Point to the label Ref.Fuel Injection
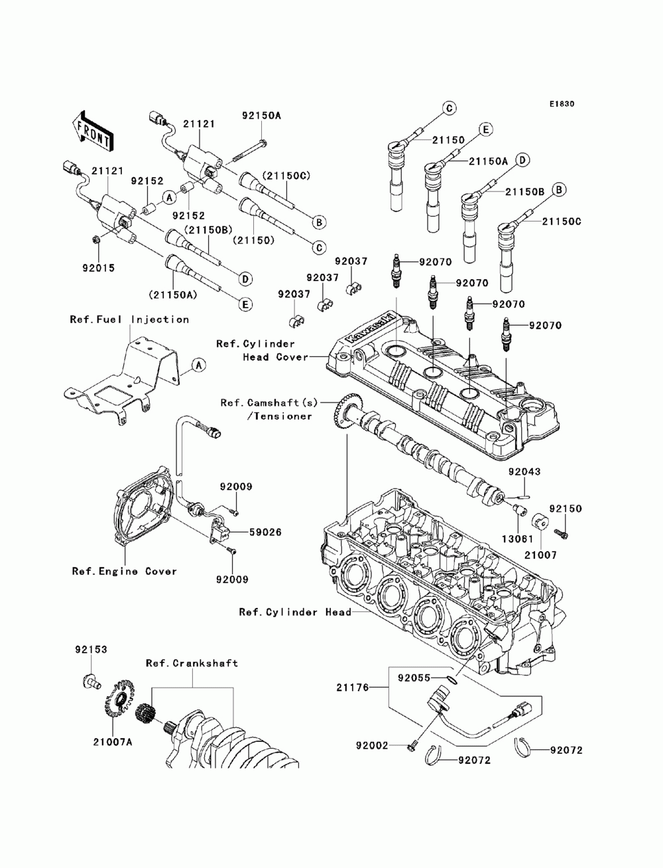tap(129, 320)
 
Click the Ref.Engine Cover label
tap(125, 571)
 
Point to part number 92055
tap(415, 678)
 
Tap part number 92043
tap(525, 473)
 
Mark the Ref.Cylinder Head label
tap(296, 612)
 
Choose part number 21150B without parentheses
tap(524, 191)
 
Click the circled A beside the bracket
tap(198, 364)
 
